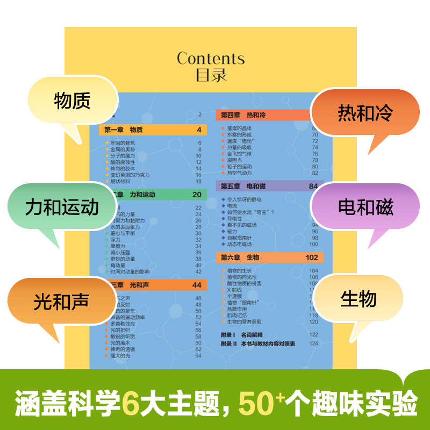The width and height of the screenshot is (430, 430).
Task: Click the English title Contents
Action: (x=211, y=59)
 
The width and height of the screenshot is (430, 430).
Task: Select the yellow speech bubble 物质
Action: (x=73, y=101)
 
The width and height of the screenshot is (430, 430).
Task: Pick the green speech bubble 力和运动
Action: (x=62, y=207)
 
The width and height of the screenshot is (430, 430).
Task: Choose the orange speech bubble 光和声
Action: (x=61, y=302)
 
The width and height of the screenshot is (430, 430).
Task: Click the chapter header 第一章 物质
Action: (x=124, y=130)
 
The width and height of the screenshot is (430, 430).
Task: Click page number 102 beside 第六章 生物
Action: (x=312, y=257)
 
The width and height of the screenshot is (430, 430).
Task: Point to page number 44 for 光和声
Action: (x=197, y=285)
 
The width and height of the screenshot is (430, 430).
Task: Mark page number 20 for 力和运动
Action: (x=197, y=195)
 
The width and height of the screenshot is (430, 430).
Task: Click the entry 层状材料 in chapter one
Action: (x=121, y=181)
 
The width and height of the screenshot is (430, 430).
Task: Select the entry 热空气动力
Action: (x=240, y=173)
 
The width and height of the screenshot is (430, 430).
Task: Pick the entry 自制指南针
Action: (x=239, y=238)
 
